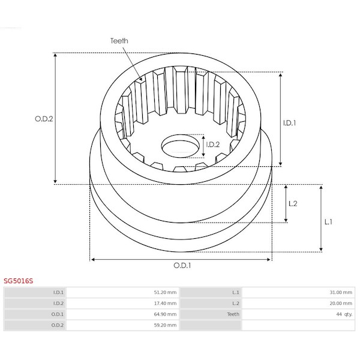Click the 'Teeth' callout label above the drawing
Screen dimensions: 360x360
pyautogui.click(x=119, y=41)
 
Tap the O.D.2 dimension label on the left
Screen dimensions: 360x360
pyautogui.click(x=44, y=119)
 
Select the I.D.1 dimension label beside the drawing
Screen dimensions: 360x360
pyautogui.click(x=289, y=123)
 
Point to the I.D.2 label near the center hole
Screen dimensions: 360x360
pyautogui.click(x=213, y=145)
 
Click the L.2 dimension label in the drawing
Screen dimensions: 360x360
pyautogui.click(x=293, y=203)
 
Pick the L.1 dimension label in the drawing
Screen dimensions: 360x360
pyautogui.click(x=328, y=222)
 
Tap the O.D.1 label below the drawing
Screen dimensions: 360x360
pyautogui.click(x=182, y=265)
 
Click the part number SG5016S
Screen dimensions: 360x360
pyautogui.click(x=19, y=281)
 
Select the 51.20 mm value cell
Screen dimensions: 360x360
pyautogui.click(x=165, y=292)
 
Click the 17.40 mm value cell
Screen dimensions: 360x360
pyautogui.click(x=165, y=303)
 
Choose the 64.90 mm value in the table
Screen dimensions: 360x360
pyautogui.click(x=165, y=314)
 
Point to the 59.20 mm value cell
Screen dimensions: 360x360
pyautogui.click(x=165, y=325)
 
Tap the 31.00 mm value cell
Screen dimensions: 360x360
pyautogui.click(x=341, y=292)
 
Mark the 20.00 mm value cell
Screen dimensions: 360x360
pyautogui.click(x=341, y=303)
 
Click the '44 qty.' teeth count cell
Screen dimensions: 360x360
pyautogui.click(x=344, y=314)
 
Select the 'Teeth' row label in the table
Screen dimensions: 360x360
pyautogui.click(x=233, y=314)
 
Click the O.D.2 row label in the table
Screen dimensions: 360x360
pyautogui.click(x=58, y=325)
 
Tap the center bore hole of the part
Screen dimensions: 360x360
pyautogui.click(x=181, y=146)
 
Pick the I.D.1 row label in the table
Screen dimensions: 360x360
pyautogui.click(x=58, y=292)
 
